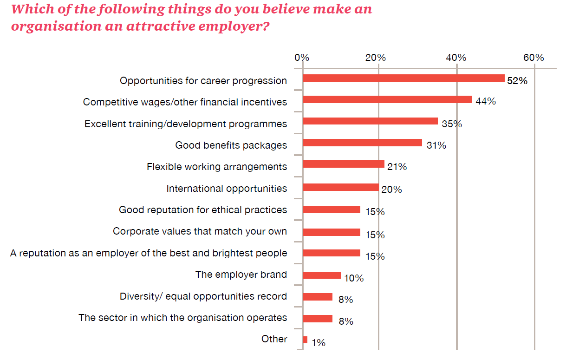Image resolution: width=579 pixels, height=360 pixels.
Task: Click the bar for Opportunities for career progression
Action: (403, 78)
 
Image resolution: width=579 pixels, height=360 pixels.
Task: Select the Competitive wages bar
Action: (387, 99)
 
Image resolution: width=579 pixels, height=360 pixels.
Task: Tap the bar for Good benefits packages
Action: (362, 143)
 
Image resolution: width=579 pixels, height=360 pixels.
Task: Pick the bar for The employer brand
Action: (322, 275)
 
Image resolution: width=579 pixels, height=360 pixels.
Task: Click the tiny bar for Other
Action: (305, 340)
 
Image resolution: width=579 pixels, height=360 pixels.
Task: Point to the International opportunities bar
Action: (340, 187)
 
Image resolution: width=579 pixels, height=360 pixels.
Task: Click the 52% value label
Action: (517, 81)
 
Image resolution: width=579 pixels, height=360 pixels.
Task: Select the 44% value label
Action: (486, 101)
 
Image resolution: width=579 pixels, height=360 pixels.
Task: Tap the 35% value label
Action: (452, 124)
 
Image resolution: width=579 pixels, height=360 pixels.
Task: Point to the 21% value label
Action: (397, 167)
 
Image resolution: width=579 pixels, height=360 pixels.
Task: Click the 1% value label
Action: (319, 343)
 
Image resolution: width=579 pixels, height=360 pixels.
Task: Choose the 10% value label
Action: (354, 278)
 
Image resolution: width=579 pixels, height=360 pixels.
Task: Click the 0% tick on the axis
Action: (302, 58)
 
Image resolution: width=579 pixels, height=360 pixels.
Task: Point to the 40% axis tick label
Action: (456, 58)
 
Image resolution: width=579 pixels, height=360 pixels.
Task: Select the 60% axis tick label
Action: (533, 58)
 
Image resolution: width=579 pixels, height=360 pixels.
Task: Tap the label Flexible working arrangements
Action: (217, 166)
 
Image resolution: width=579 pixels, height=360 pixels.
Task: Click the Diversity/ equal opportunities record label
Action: (203, 296)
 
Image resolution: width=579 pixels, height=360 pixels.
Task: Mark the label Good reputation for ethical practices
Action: (203, 209)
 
